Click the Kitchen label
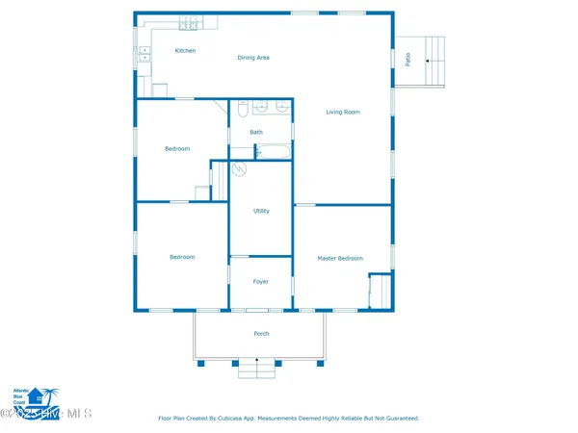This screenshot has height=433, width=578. [x=185, y=50]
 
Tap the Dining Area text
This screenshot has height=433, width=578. [x=253, y=58]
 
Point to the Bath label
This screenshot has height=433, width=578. [x=256, y=132]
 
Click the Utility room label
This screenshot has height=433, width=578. [x=261, y=211]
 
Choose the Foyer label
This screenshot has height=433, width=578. [x=260, y=282]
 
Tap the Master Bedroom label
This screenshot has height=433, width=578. [x=340, y=258]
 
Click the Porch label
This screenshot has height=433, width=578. [x=261, y=334]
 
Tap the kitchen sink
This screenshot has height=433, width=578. [x=144, y=54]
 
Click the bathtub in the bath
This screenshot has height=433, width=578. [x=273, y=152]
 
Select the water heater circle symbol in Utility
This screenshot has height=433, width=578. [x=240, y=169]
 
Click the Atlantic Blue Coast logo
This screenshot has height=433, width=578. [x=32, y=395]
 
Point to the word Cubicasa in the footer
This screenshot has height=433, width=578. [x=277, y=419]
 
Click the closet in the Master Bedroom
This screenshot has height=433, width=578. [x=380, y=291]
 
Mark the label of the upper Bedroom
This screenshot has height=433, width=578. [x=177, y=149]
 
